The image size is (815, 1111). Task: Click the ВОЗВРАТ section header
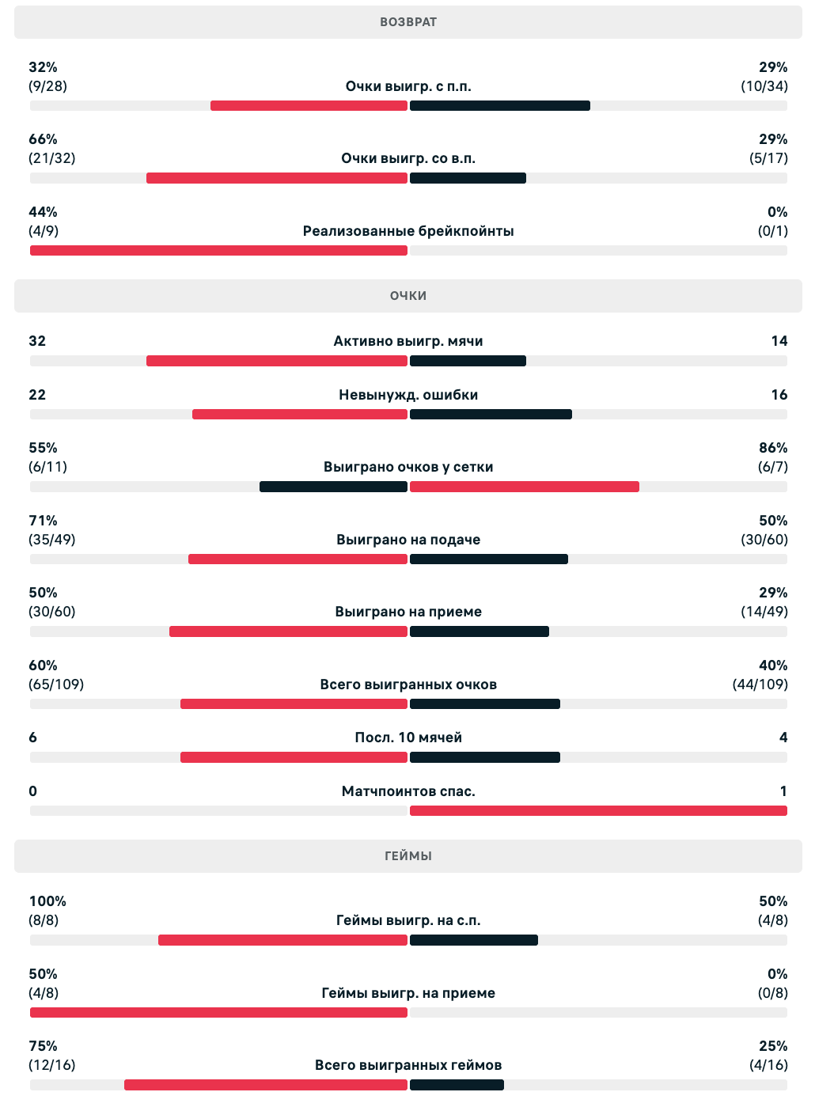click(407, 22)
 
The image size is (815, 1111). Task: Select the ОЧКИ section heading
click(407, 296)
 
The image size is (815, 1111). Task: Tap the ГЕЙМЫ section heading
click(407, 856)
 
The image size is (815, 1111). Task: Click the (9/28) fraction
click(47, 86)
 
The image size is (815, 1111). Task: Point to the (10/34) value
click(764, 86)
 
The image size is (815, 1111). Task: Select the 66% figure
click(43, 139)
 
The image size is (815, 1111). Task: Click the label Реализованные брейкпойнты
click(407, 231)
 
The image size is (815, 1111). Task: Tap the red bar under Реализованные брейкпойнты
click(218, 251)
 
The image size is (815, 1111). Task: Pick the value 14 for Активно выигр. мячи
click(779, 341)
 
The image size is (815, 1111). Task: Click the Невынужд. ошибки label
click(407, 395)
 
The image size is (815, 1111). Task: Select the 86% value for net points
click(772, 448)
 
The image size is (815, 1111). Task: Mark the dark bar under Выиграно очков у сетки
click(333, 487)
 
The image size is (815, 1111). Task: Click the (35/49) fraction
click(51, 540)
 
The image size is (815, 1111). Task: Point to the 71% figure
click(43, 521)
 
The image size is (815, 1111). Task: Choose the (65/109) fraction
click(55, 684)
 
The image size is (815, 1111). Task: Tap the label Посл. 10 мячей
click(407, 738)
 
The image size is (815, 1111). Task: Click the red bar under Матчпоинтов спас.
click(598, 810)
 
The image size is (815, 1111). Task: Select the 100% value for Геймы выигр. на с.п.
click(47, 901)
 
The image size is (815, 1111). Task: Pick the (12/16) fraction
click(51, 1065)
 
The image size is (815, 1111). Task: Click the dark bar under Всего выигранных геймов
click(457, 1085)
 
